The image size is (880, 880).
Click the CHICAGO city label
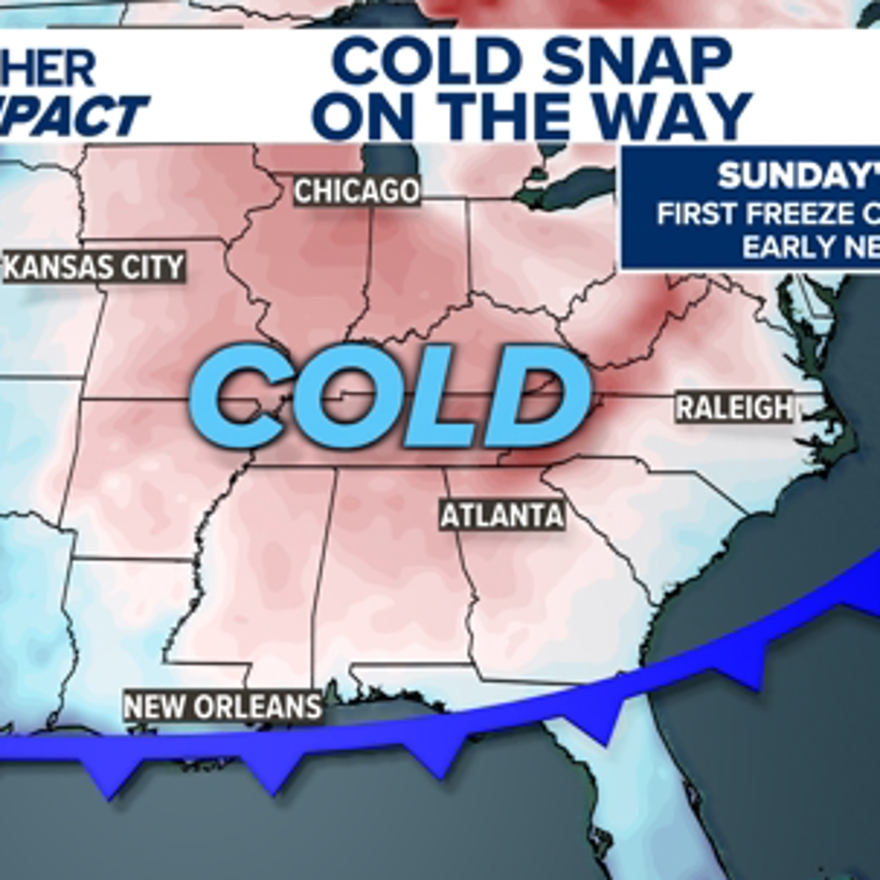[x=357, y=191]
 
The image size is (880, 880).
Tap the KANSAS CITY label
[x=95, y=267]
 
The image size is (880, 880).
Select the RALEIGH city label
[x=734, y=407]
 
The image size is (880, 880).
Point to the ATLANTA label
[x=502, y=516]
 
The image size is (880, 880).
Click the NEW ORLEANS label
[x=223, y=706]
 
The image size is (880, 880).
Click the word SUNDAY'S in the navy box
[x=794, y=176]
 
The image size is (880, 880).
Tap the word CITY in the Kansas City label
[x=151, y=267]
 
